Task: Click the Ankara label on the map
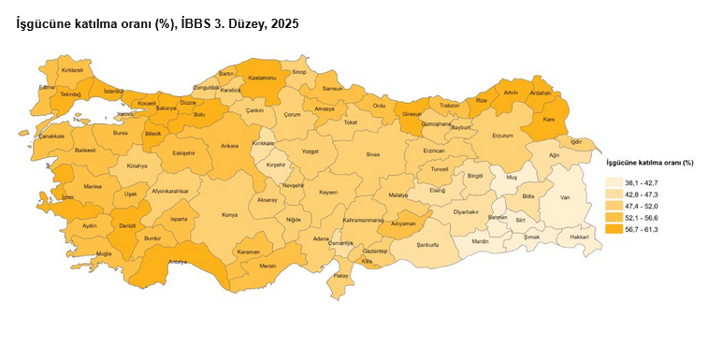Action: click(x=229, y=146)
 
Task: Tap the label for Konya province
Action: click(x=229, y=215)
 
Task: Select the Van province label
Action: click(x=564, y=197)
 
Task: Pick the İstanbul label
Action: click(x=114, y=91)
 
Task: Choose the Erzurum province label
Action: click(x=502, y=136)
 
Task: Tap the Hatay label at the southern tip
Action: click(x=340, y=277)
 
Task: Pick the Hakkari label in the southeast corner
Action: click(x=579, y=238)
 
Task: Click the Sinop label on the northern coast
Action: click(x=299, y=71)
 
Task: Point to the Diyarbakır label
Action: click(x=466, y=212)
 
